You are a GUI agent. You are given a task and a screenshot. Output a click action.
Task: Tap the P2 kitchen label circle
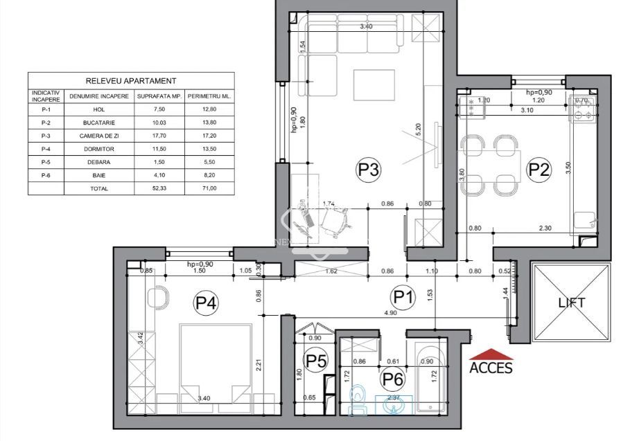(x=539, y=168)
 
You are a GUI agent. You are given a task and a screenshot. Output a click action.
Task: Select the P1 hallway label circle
(x=403, y=298)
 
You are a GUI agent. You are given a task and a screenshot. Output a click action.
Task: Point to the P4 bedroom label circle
(x=205, y=302)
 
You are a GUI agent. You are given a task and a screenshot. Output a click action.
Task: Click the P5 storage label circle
(x=316, y=361)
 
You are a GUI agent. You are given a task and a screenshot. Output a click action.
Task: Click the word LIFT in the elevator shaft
(x=572, y=303)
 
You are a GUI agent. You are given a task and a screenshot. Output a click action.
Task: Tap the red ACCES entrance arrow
(x=491, y=354)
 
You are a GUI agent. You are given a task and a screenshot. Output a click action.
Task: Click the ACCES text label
(x=491, y=368)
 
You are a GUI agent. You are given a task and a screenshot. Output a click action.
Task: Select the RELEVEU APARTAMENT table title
(x=131, y=81)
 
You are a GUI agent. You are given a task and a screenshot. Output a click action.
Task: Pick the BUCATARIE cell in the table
(x=98, y=123)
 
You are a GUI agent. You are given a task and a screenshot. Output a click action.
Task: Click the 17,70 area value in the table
(x=159, y=136)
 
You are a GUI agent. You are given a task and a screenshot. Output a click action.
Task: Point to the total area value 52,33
(x=159, y=188)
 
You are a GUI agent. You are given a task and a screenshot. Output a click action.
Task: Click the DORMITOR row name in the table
(x=98, y=149)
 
